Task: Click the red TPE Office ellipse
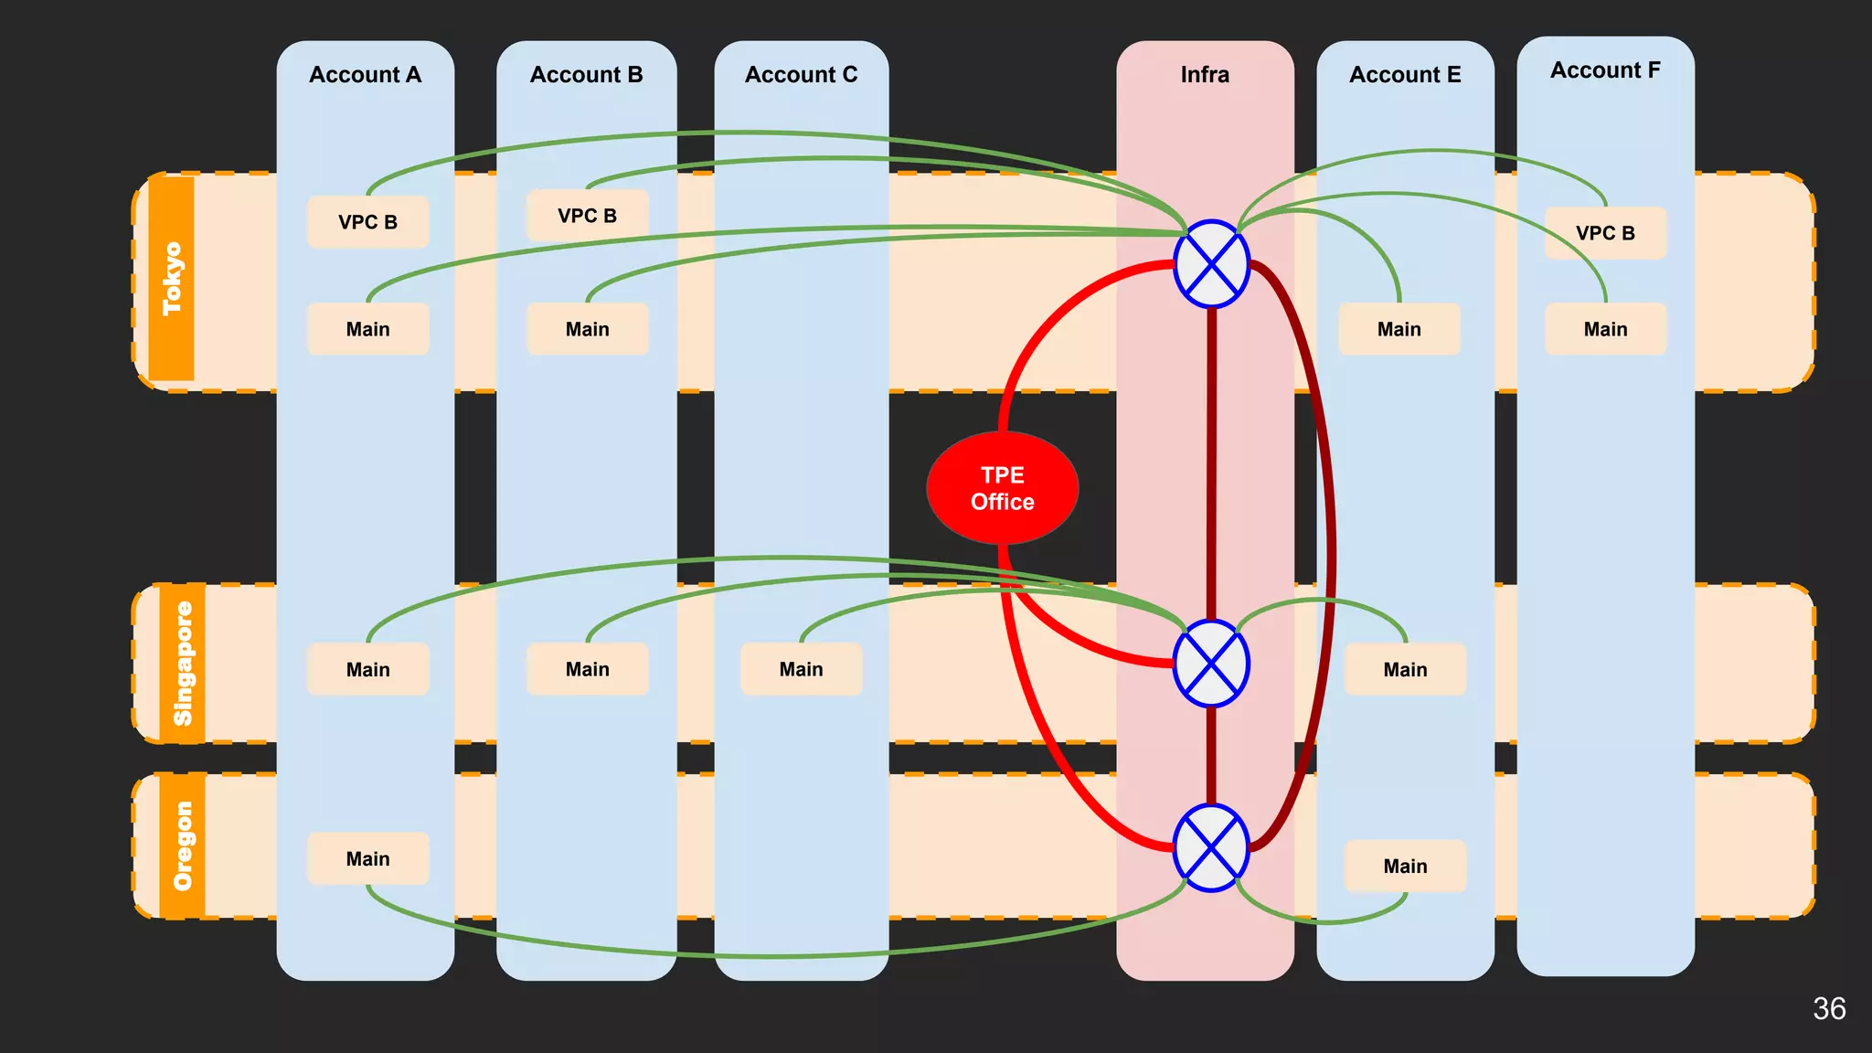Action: click(x=1002, y=488)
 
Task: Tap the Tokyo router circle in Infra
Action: click(x=1211, y=264)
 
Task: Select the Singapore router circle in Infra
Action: click(x=1211, y=664)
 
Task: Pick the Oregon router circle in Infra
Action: click(x=1211, y=848)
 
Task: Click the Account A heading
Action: click(x=365, y=75)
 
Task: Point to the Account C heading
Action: click(x=801, y=75)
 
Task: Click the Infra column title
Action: click(x=1205, y=75)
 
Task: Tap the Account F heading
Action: click(x=1605, y=70)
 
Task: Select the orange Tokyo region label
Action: click(x=172, y=279)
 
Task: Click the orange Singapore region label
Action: click(x=183, y=664)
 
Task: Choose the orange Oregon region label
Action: click(x=183, y=846)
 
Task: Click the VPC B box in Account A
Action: click(x=367, y=222)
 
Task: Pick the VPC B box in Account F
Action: click(x=1605, y=233)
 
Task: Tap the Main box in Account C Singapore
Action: click(x=801, y=669)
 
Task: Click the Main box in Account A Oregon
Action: click(x=367, y=859)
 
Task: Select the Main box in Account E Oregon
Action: click(x=1405, y=866)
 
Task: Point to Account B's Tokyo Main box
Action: click(x=587, y=329)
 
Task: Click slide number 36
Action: click(x=1828, y=1009)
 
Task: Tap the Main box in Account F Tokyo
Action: click(x=1605, y=329)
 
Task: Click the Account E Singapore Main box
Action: click(x=1405, y=669)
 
